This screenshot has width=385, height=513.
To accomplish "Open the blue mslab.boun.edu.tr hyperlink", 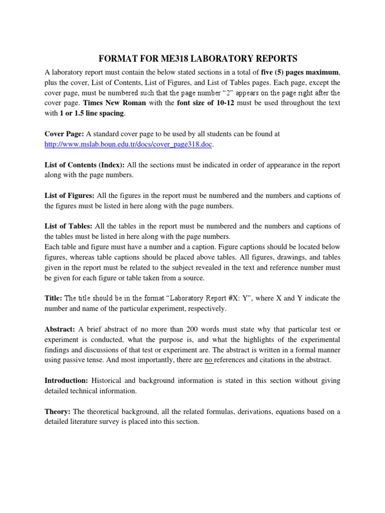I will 129,144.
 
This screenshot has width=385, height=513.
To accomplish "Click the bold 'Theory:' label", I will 58,412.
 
